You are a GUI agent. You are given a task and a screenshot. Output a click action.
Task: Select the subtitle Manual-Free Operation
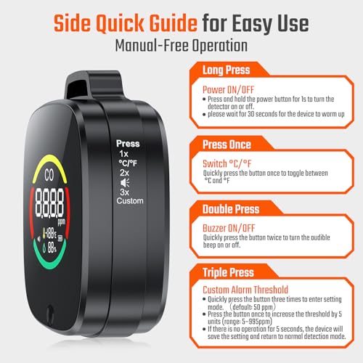click(x=181, y=45)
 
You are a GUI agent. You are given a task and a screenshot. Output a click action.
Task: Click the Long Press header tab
click(x=227, y=71)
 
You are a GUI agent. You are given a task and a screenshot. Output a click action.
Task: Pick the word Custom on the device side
click(x=129, y=200)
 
